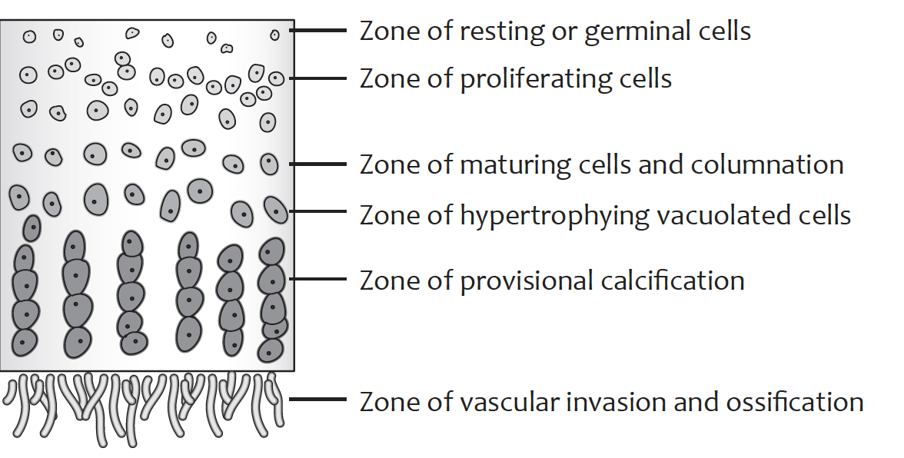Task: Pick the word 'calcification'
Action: click(x=669, y=280)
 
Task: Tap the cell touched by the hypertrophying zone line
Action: click(x=274, y=209)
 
